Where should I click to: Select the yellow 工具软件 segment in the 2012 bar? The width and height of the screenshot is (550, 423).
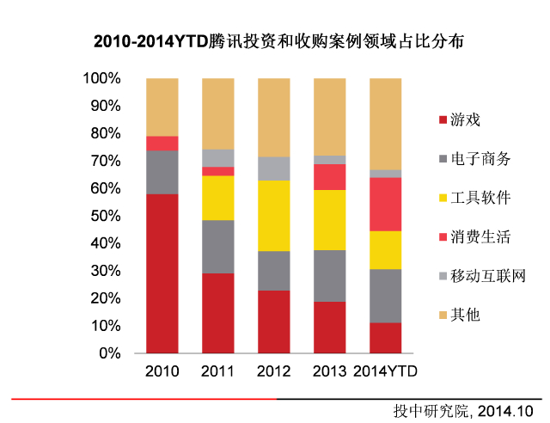(273, 215)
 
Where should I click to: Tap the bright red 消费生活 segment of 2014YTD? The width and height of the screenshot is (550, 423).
(384, 204)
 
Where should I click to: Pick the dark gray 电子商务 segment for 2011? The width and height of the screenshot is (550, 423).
(217, 247)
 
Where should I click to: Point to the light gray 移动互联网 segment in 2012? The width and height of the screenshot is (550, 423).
(273, 169)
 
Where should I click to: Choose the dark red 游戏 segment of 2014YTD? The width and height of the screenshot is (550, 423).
(384, 338)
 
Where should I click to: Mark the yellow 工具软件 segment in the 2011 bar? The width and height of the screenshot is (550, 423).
(217, 198)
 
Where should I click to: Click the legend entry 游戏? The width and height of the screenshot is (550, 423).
(465, 120)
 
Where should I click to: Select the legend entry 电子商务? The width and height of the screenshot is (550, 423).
(480, 159)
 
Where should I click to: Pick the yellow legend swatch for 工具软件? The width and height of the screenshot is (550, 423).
(443, 199)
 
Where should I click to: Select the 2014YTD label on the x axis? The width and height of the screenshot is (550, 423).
(384, 371)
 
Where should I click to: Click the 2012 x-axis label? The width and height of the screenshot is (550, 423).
(273, 371)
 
